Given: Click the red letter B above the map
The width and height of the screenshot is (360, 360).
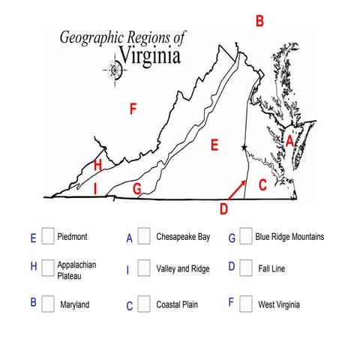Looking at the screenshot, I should (259, 21).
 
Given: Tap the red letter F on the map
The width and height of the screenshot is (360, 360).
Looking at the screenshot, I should (133, 110).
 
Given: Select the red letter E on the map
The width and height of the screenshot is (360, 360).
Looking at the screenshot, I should (214, 145).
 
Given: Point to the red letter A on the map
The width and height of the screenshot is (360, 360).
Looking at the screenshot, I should (289, 140).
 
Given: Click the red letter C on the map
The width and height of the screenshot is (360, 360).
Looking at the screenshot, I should (262, 185).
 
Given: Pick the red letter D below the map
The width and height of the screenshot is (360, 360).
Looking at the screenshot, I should (223, 208).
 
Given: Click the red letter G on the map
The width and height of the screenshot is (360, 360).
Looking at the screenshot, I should (136, 188).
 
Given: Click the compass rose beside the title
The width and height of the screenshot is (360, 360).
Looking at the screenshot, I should (115, 71).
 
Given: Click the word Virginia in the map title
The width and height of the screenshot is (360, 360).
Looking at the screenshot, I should (149, 56).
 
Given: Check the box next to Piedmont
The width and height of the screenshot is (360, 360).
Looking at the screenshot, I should (47, 237).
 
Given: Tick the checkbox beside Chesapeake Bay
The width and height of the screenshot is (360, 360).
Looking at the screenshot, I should (144, 237).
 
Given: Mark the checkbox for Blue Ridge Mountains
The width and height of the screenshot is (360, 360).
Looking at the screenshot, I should (245, 237).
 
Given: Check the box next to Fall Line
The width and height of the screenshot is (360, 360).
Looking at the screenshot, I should (245, 268).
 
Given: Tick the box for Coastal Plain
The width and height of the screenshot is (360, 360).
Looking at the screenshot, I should (144, 304).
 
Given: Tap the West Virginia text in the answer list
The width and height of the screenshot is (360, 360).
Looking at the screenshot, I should (279, 305).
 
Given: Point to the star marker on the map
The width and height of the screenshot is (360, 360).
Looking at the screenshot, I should (244, 147).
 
